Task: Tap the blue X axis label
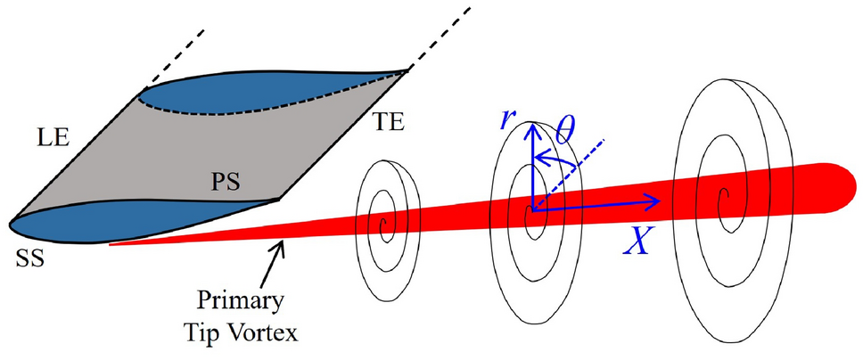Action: tap(636, 240)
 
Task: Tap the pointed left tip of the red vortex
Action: tap(112, 242)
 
